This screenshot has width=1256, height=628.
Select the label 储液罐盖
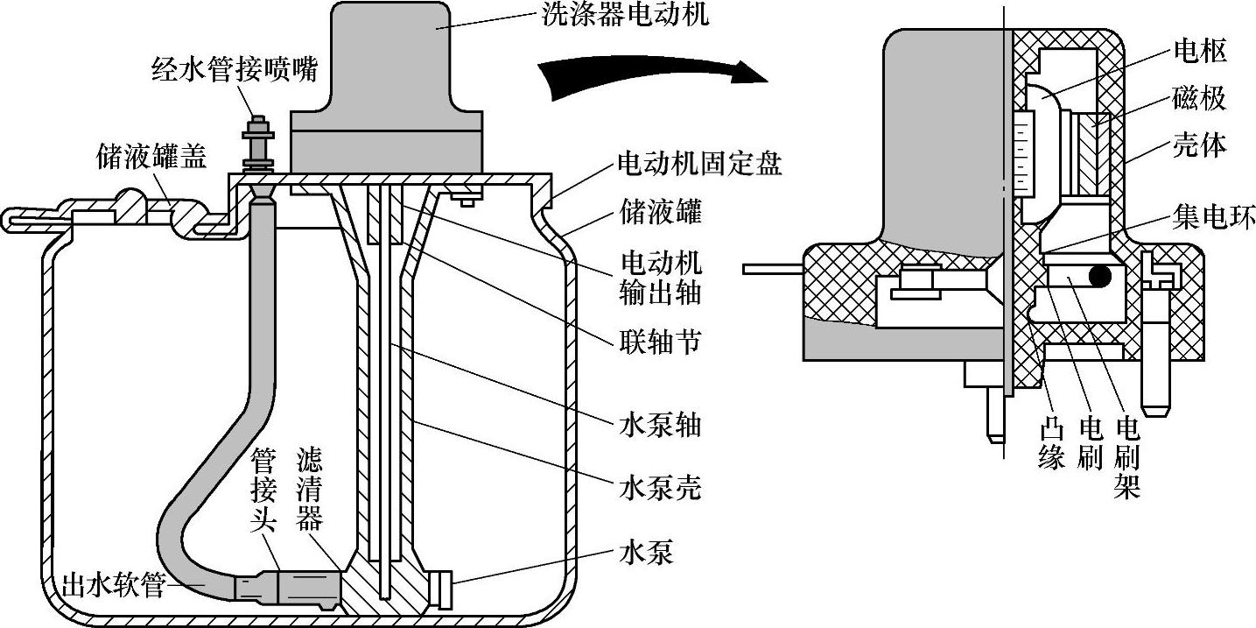[151, 157]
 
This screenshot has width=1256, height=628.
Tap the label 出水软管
[113, 584]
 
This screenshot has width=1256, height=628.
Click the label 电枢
[1200, 52]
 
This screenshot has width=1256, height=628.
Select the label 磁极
[1200, 99]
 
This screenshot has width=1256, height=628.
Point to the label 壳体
[1200, 145]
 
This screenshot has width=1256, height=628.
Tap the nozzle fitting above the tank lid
[258, 145]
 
